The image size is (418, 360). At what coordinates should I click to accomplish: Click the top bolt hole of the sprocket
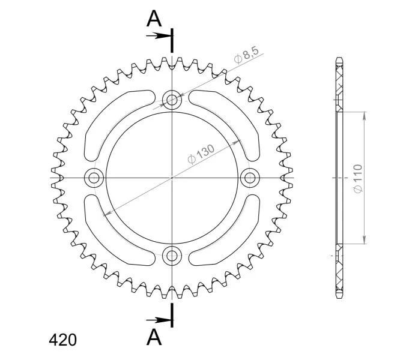tap(172, 100)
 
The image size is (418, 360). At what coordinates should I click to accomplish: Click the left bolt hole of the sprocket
tap(94, 178)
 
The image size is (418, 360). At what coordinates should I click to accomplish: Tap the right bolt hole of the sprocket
tap(250, 178)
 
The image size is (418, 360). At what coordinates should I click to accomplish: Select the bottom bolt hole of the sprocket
tap(172, 256)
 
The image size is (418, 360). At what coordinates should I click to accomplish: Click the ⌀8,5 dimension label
tap(246, 55)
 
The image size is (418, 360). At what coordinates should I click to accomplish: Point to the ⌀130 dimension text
tap(201, 154)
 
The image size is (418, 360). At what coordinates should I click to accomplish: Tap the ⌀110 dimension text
tap(357, 178)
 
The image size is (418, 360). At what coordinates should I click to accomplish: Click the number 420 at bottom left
tap(62, 340)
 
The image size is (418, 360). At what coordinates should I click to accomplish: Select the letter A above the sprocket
tap(154, 19)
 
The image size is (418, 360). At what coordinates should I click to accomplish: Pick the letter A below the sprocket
tap(154, 337)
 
